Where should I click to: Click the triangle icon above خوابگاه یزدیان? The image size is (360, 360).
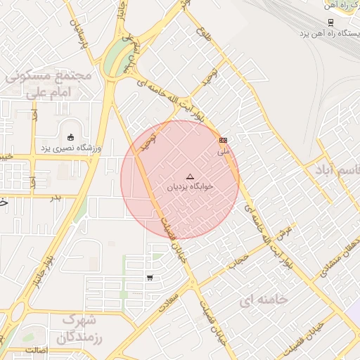pyautogui.click(x=189, y=176)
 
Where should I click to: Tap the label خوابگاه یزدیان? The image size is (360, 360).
pyautogui.click(x=189, y=188)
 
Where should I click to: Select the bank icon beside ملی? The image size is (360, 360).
pyautogui.click(x=224, y=141)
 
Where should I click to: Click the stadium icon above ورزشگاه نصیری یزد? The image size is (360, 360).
pyautogui.click(x=70, y=137)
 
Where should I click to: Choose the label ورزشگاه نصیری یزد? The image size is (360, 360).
pyautogui.click(x=70, y=148)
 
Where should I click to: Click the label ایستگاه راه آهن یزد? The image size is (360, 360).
pyautogui.click(x=330, y=33)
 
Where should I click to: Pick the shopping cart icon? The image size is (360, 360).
pyautogui.click(x=150, y=278)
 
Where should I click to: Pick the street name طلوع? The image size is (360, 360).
pyautogui.click(x=204, y=32)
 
